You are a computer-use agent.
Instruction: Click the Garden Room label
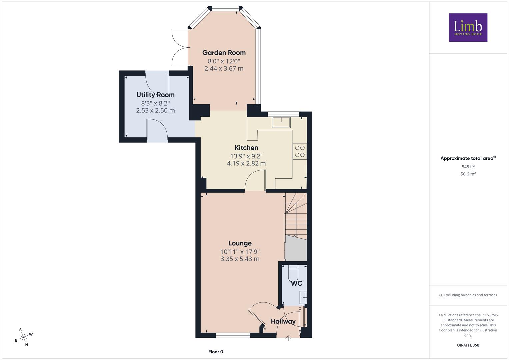pyautogui.click(x=224, y=53)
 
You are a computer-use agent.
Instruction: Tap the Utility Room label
pyautogui.click(x=155, y=95)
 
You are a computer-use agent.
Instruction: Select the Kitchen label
pyautogui.click(x=246, y=148)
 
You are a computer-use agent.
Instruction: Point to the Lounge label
pyautogui.click(x=240, y=243)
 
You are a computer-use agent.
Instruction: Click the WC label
pyautogui.click(x=297, y=283)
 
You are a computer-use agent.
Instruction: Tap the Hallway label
pyautogui.click(x=283, y=321)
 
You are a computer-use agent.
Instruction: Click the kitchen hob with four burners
pyautogui.click(x=300, y=151)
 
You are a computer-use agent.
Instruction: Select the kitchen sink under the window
pyautogui.click(x=281, y=122)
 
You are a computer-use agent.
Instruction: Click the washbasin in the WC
pyautogui.click(x=303, y=297)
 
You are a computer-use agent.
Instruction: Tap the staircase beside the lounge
pyautogui.click(x=296, y=227)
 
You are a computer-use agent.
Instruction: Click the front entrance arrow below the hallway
pyautogui.click(x=288, y=338)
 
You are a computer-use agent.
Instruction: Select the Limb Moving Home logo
pyautogui.click(x=468, y=27)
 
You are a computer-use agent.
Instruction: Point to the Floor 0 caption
pyautogui.click(x=216, y=352)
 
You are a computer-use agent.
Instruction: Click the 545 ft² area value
pyautogui.click(x=468, y=167)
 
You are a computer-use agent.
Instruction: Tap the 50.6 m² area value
pyautogui.click(x=468, y=174)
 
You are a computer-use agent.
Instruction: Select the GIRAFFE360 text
pyautogui.click(x=468, y=345)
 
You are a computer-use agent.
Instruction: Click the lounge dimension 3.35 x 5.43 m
pyautogui.click(x=240, y=259)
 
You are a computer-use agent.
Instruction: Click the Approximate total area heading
pyautogui.click(x=468, y=158)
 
